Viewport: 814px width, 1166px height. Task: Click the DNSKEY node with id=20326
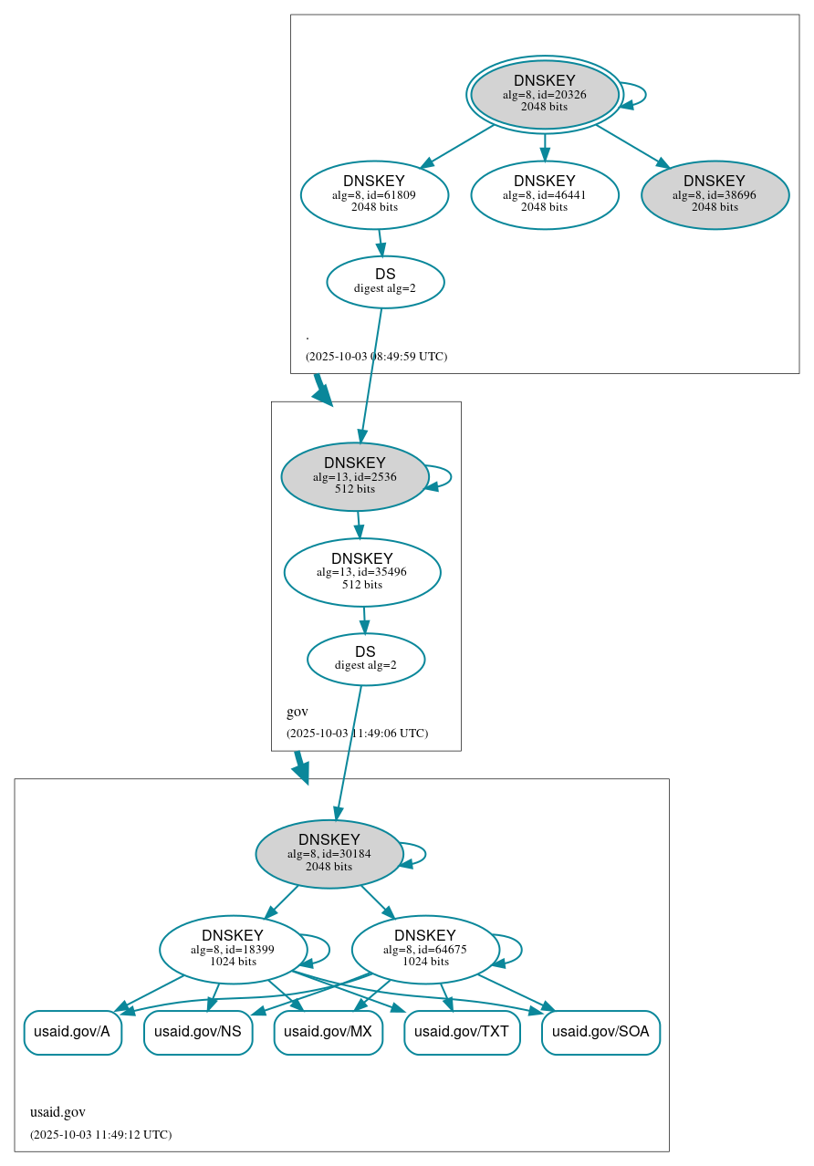[x=545, y=94]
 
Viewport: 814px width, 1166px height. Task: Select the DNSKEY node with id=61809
[x=374, y=194]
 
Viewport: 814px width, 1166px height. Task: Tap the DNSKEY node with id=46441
[x=545, y=194]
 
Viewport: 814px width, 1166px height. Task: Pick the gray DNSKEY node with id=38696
[x=715, y=194]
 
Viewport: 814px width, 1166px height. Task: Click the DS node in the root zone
[x=385, y=282]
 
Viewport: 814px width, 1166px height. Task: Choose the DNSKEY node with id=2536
[x=355, y=476]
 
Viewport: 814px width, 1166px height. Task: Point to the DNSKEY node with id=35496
[x=362, y=572]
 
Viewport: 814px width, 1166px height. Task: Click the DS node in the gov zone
[x=366, y=659]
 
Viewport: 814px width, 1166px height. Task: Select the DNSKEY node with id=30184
[x=329, y=853]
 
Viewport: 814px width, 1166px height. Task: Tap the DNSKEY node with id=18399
[x=233, y=950]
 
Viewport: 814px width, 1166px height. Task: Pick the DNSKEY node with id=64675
[x=425, y=950]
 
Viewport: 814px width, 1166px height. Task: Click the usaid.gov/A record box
[x=72, y=1033]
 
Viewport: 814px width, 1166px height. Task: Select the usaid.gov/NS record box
[x=198, y=1033]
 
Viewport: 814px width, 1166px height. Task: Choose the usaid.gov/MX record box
[x=328, y=1033]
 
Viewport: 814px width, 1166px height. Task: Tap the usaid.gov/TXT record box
[x=462, y=1033]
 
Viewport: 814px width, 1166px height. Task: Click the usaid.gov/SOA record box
[x=600, y=1033]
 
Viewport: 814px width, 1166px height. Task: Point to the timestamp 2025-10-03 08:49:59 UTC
[x=376, y=356]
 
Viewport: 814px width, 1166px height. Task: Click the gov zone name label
[x=297, y=712]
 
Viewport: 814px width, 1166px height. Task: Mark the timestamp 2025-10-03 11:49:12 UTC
[x=100, y=1134]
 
